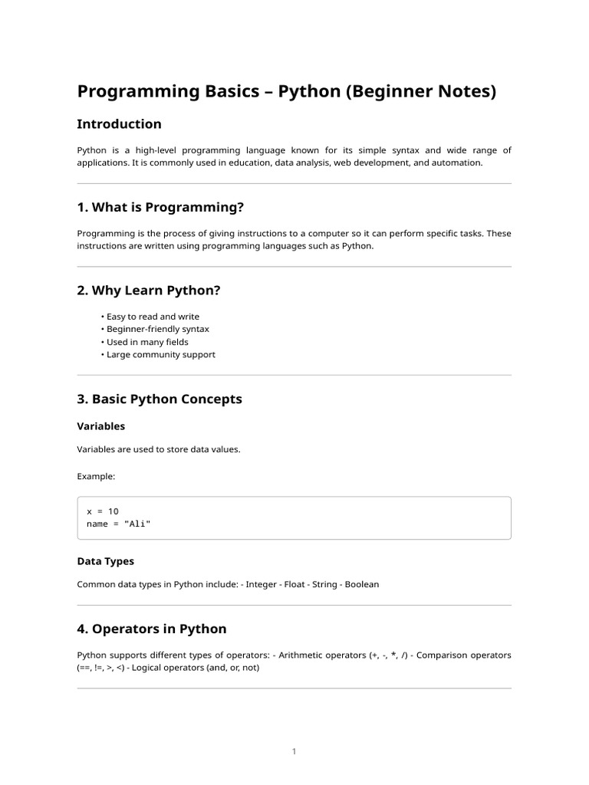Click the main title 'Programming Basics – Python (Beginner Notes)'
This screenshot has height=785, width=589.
coord(287,92)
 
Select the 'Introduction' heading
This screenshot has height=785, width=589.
coord(119,124)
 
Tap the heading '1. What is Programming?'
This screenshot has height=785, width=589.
coord(160,208)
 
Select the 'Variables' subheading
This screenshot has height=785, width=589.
coord(101,426)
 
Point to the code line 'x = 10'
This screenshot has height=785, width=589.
coord(103,511)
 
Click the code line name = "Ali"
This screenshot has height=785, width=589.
coord(119,524)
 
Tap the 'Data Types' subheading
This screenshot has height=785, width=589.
coord(106,561)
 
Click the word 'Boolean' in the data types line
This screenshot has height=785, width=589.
coord(361,584)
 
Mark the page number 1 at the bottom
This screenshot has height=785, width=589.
coord(294,751)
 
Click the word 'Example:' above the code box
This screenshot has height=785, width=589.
coord(96,477)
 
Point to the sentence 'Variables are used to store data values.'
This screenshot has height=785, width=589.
coord(159,449)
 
